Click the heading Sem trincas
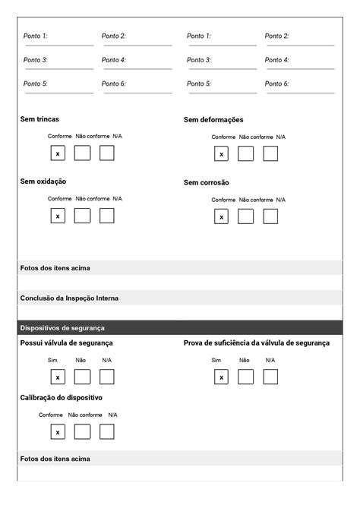click(x=39, y=119)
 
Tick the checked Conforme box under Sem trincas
click(x=58, y=153)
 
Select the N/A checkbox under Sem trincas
click(x=107, y=153)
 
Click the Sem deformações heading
click(x=213, y=120)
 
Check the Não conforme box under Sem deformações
click(x=245, y=154)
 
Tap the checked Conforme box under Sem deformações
click(x=221, y=154)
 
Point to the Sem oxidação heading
click(x=43, y=181)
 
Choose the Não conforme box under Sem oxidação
click(x=82, y=216)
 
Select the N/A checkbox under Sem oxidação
click(x=107, y=216)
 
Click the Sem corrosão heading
click(x=207, y=182)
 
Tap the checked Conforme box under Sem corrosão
click(x=221, y=217)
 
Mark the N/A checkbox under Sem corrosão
click(x=270, y=217)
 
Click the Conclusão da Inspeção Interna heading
click(x=69, y=298)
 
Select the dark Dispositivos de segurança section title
click(x=62, y=328)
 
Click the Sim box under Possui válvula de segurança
click(x=58, y=377)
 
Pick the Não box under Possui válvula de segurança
click(x=82, y=377)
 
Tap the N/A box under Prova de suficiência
click(x=270, y=377)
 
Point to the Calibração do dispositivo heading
click(x=62, y=398)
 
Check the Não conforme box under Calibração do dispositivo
click(x=82, y=431)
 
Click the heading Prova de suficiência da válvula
click(x=257, y=343)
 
